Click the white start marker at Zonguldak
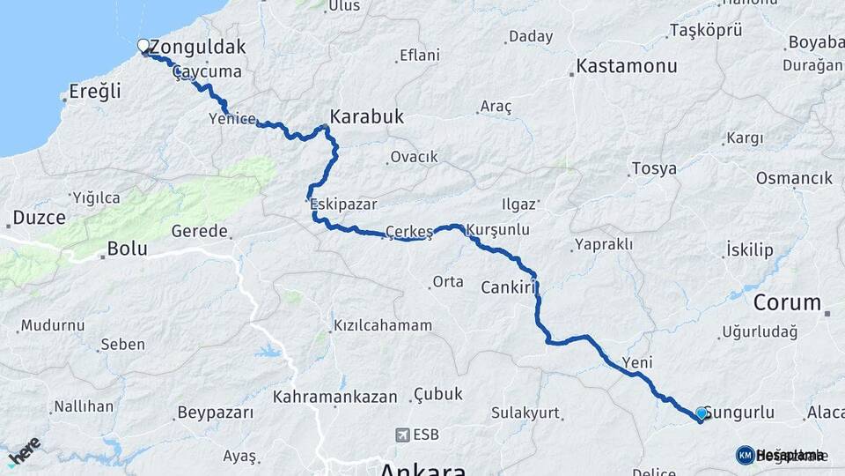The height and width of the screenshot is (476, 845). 143,45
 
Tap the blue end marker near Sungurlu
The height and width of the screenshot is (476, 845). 701,413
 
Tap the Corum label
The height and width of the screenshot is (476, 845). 787,302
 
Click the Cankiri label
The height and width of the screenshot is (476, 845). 509,287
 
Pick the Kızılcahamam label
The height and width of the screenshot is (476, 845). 383,325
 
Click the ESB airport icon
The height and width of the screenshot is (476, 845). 403,435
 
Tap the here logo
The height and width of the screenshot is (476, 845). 24,450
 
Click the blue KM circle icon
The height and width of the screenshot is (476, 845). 745,455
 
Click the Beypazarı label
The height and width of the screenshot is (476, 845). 216,412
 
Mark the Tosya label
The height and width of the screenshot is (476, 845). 654,168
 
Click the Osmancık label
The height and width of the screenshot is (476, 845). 794,178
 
